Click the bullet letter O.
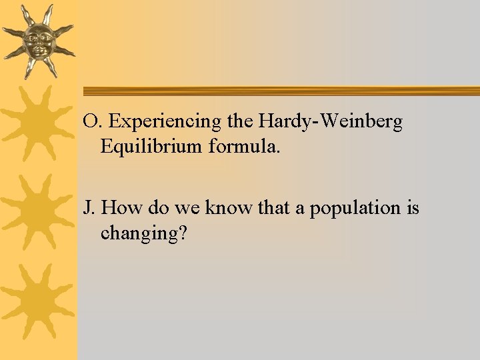[x=91, y=122]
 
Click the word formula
[x=249, y=146]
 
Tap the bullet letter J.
[x=87, y=209]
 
